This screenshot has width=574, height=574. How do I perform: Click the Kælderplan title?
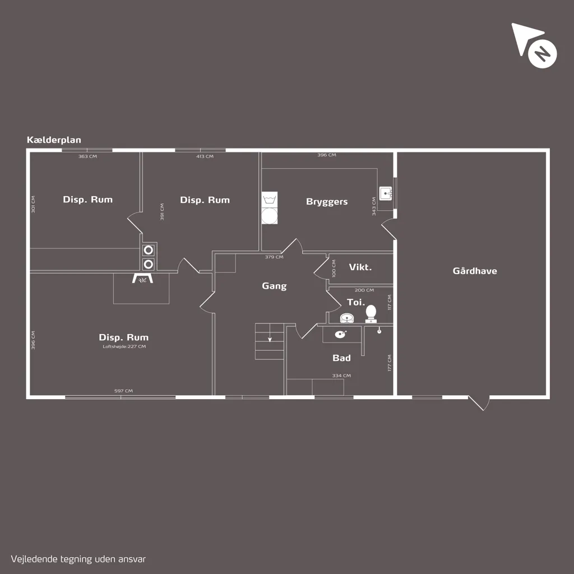[x=54, y=140]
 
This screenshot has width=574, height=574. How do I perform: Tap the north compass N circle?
[x=542, y=54]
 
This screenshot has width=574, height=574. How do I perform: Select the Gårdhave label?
[x=475, y=271]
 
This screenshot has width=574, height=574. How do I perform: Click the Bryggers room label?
[x=327, y=202]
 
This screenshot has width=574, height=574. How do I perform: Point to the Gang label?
[x=274, y=286]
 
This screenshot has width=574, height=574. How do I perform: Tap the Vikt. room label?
[x=360, y=267]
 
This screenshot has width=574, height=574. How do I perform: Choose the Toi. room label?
[x=356, y=302]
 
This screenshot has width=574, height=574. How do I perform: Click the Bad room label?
[x=341, y=358]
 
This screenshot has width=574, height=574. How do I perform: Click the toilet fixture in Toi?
[x=371, y=314]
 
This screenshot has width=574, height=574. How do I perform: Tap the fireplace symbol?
[x=142, y=279]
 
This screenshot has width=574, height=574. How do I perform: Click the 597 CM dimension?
[x=123, y=391]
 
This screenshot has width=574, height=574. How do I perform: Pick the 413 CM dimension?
[x=205, y=156]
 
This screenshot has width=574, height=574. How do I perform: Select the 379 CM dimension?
[x=274, y=257]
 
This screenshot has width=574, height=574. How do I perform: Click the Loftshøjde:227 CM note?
[x=124, y=346]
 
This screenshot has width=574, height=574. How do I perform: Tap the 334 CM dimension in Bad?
[x=341, y=376]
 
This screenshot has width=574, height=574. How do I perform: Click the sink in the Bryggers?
[x=386, y=193]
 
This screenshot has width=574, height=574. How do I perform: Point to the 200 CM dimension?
[x=364, y=290]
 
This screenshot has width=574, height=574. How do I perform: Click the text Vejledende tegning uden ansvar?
[x=78, y=559]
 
